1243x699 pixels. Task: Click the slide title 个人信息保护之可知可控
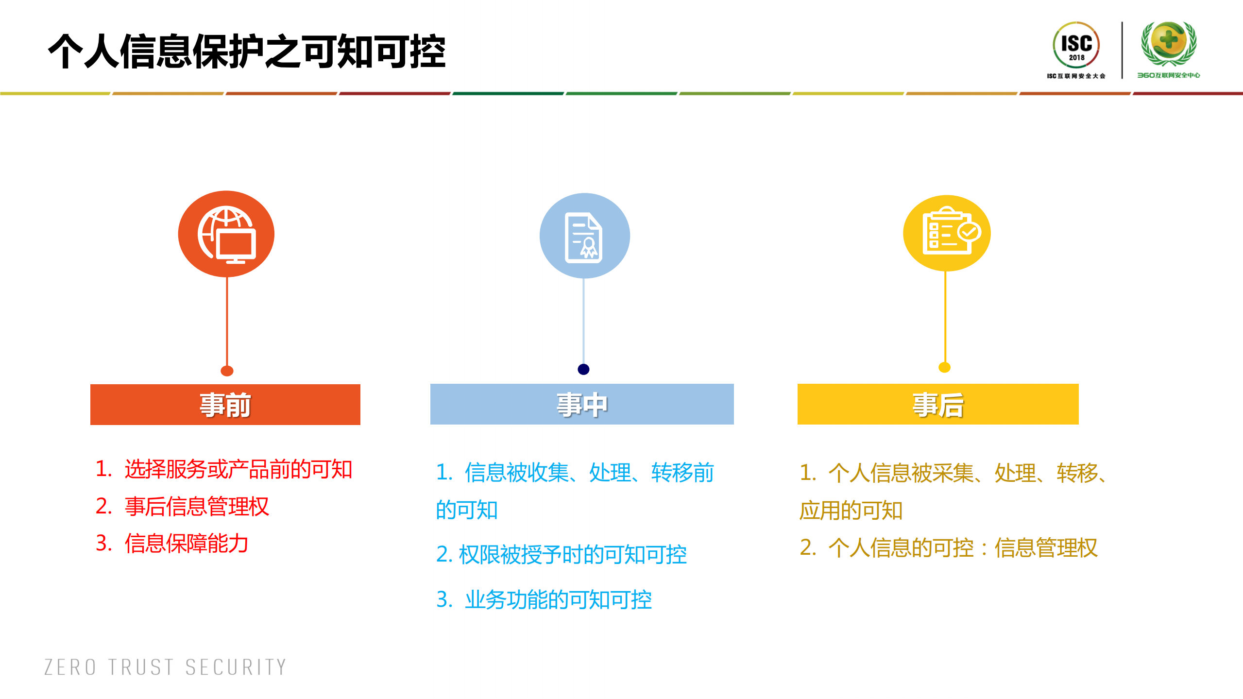click(247, 51)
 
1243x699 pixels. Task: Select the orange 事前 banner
click(225, 405)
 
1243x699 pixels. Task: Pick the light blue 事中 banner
click(581, 405)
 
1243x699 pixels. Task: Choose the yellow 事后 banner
click(937, 405)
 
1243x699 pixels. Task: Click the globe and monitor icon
click(226, 234)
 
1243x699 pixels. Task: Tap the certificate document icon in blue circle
click(584, 236)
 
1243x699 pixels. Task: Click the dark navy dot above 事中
click(583, 369)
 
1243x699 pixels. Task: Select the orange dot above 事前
click(227, 371)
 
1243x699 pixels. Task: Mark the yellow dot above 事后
click(944, 367)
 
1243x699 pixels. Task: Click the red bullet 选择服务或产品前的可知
click(238, 469)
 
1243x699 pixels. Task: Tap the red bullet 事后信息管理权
click(196, 507)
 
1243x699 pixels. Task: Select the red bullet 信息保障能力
click(186, 544)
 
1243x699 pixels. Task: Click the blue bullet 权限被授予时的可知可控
click(572, 555)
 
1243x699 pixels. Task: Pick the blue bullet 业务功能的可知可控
click(558, 600)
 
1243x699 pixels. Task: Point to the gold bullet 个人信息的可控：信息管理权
click(962, 548)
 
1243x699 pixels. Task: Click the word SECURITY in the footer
click(236, 667)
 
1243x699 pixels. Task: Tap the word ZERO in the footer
click(70, 667)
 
